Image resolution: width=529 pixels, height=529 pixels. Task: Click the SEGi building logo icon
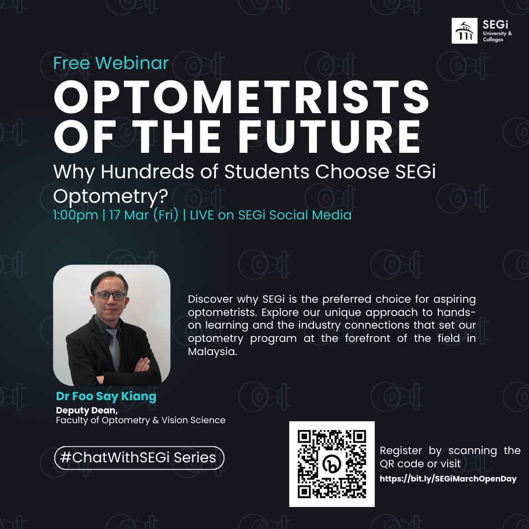tap(464, 31)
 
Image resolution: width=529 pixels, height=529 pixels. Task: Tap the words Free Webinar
tap(111, 63)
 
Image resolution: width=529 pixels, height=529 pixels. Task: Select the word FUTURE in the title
tap(329, 137)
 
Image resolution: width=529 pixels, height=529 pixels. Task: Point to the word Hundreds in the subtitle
tap(147, 171)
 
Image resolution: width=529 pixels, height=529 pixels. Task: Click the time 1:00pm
tap(75, 215)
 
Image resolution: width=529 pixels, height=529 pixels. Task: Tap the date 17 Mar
tap(129, 215)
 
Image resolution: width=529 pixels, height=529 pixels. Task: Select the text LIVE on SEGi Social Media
tap(270, 215)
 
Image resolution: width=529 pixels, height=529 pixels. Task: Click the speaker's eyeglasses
tap(110, 296)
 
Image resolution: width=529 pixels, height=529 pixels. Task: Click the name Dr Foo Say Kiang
tap(106, 396)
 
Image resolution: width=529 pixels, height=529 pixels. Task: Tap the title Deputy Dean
tap(87, 410)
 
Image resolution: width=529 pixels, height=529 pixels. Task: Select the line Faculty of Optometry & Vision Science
tap(141, 420)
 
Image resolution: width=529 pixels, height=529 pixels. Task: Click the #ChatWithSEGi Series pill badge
tap(139, 458)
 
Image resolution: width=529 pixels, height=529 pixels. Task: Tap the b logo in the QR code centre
tap(332, 464)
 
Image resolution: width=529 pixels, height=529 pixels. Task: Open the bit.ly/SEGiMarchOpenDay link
tap(448, 479)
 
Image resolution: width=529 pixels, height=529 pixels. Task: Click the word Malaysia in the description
tap(213, 352)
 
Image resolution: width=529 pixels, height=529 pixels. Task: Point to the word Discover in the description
tap(210, 299)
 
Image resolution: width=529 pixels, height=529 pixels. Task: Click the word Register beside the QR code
tap(401, 451)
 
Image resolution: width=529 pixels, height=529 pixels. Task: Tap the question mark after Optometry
tap(164, 195)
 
